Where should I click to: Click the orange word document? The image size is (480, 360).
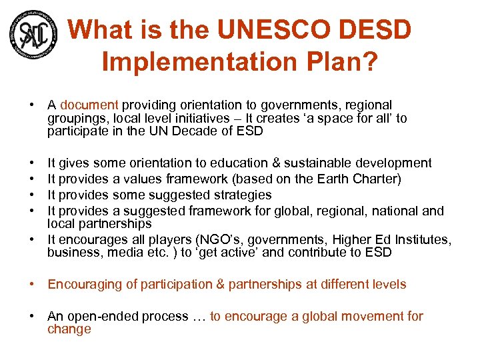pyautogui.click(x=89, y=105)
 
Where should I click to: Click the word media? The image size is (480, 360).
pyautogui.click(x=115, y=252)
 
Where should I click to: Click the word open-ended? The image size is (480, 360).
pyautogui.click(x=102, y=317)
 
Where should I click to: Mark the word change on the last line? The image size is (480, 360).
pyautogui.click(x=69, y=329)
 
